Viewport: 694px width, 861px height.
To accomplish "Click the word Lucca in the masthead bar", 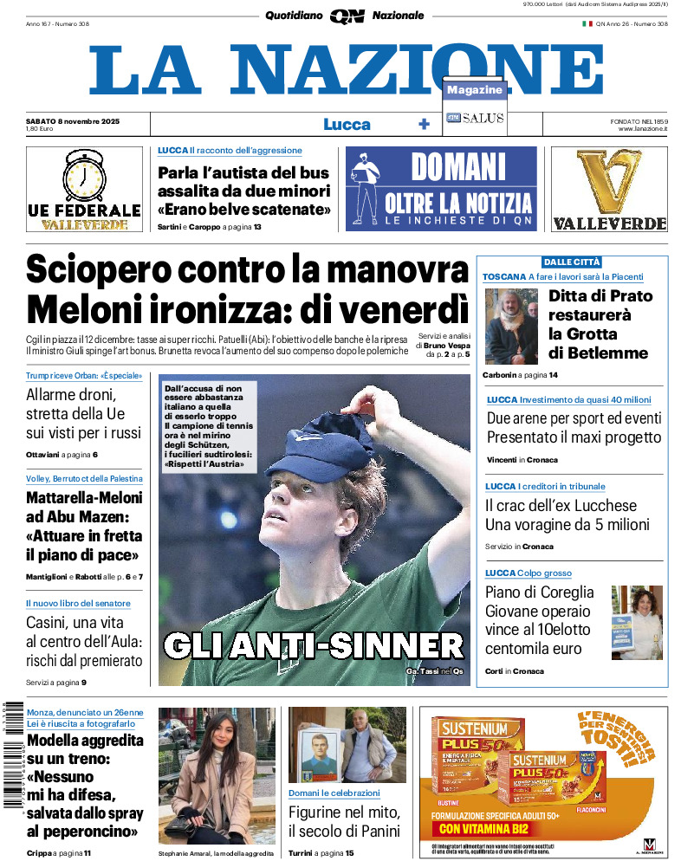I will coord(347,125).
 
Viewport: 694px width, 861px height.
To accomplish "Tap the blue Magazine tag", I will coord(475,90).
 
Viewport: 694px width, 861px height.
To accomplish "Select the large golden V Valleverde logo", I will coord(609,182).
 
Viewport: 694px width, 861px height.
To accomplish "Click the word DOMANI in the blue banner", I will coord(457,166).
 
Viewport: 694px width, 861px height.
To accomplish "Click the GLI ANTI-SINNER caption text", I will coord(314,645).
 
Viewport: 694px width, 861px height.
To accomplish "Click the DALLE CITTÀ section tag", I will coord(572,262).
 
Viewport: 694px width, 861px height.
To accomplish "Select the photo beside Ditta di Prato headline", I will coord(511,327).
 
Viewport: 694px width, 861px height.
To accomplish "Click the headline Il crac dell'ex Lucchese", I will coord(561,506).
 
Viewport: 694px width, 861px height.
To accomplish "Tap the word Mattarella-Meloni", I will coord(84,498).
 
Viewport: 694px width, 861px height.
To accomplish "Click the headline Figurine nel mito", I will coord(345,812).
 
